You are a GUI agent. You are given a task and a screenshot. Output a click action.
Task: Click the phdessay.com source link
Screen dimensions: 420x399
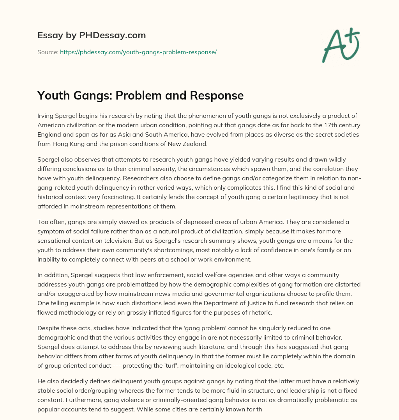138,52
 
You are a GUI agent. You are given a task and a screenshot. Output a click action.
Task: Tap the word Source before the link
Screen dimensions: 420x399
47,52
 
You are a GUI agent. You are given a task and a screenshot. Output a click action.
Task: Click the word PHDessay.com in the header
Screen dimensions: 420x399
112,36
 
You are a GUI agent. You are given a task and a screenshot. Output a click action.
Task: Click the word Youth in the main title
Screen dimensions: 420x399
53,95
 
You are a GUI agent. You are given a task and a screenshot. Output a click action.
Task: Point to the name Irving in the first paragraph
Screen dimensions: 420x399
46,116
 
